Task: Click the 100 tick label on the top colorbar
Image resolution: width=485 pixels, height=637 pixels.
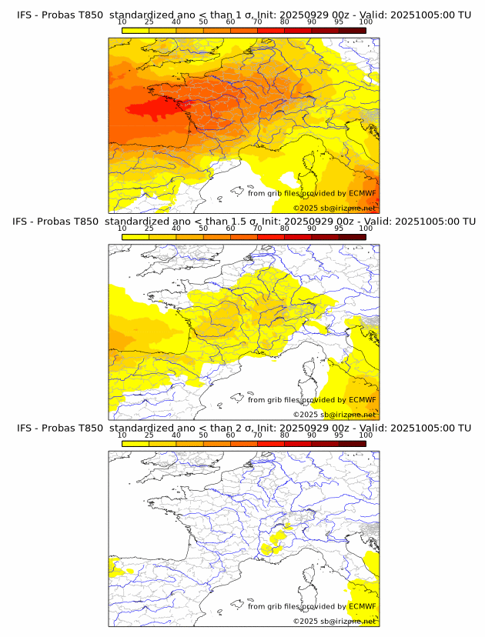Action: point(366,22)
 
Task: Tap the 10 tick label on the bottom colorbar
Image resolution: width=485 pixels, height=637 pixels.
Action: point(122,435)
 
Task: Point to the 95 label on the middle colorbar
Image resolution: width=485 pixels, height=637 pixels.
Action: point(339,228)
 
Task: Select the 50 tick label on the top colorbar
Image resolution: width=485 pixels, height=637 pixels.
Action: point(203,22)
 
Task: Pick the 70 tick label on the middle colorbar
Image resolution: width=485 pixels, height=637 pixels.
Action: point(257,228)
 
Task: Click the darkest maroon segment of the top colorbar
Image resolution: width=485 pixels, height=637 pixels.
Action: point(352,30)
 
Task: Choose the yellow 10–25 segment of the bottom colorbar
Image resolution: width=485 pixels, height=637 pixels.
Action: point(135,443)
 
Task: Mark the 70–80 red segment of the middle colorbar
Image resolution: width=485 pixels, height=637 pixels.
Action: point(271,237)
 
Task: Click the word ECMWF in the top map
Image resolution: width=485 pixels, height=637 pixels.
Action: point(363,193)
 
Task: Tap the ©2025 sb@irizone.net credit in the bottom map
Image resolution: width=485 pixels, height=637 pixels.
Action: point(334,621)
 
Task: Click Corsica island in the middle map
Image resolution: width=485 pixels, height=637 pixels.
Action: point(314,379)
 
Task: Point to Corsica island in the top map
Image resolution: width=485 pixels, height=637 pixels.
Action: point(314,172)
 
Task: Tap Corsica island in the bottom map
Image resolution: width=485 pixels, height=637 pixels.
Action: point(314,585)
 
